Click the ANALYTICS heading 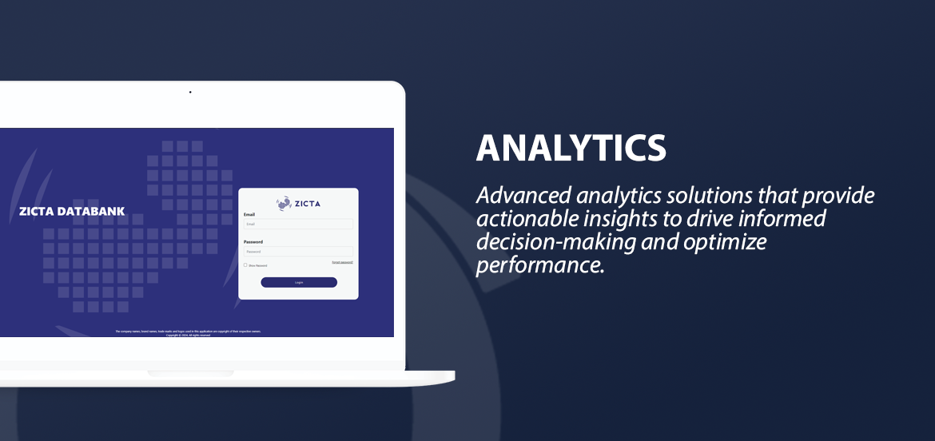(x=571, y=148)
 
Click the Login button (x=299, y=282)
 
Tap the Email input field (x=298, y=224)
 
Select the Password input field (x=298, y=252)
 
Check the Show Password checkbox (x=245, y=265)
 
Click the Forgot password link (x=342, y=262)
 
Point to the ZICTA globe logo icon (x=284, y=204)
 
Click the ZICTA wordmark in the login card (x=307, y=204)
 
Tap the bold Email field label (x=249, y=214)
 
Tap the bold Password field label (x=253, y=241)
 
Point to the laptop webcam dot (x=190, y=93)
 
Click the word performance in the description (x=539, y=265)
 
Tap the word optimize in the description (x=725, y=242)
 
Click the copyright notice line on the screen (x=188, y=336)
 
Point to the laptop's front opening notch (x=190, y=373)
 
